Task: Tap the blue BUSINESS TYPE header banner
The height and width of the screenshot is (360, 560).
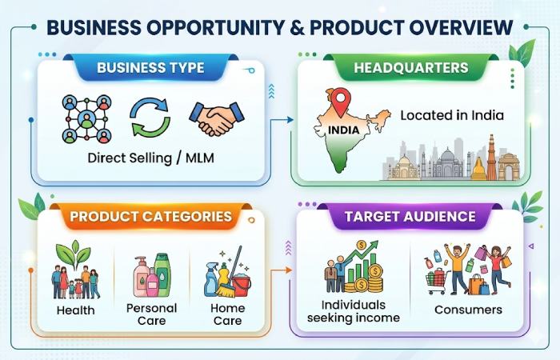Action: pos(151,67)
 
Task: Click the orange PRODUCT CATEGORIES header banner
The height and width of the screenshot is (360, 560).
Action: pos(150,216)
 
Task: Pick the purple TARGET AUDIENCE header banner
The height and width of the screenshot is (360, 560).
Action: pos(410,216)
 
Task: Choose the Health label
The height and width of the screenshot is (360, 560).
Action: pos(75,310)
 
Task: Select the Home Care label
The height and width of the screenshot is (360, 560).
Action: pos(227,314)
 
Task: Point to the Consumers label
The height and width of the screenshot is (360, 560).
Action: pos(468,309)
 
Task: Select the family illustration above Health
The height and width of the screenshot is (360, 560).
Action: pos(76,276)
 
